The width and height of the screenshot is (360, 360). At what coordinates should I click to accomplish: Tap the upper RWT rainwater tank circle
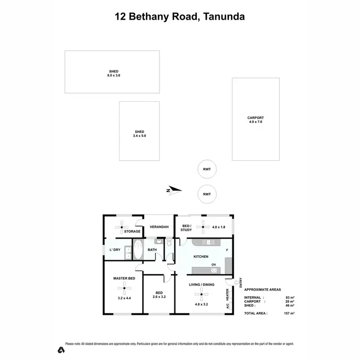207,168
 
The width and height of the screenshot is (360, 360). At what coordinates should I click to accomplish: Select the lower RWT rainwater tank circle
207,194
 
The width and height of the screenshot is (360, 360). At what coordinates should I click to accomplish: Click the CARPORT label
255,118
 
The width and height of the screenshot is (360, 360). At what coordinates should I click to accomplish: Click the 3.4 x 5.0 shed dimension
139,136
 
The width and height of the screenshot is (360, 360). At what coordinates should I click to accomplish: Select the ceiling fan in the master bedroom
124,288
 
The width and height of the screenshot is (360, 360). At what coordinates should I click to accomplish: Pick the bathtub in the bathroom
138,249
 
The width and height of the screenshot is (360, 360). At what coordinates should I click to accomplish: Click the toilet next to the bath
169,244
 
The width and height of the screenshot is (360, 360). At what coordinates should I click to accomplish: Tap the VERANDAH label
159,227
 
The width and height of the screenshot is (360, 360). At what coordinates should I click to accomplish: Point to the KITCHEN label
201,257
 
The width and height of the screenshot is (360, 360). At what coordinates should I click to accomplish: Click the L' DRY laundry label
115,250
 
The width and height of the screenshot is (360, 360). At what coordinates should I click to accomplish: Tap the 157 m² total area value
288,313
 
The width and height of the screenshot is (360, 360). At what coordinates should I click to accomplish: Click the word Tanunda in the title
224,17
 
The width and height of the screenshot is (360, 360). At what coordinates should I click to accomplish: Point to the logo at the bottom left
60,349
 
